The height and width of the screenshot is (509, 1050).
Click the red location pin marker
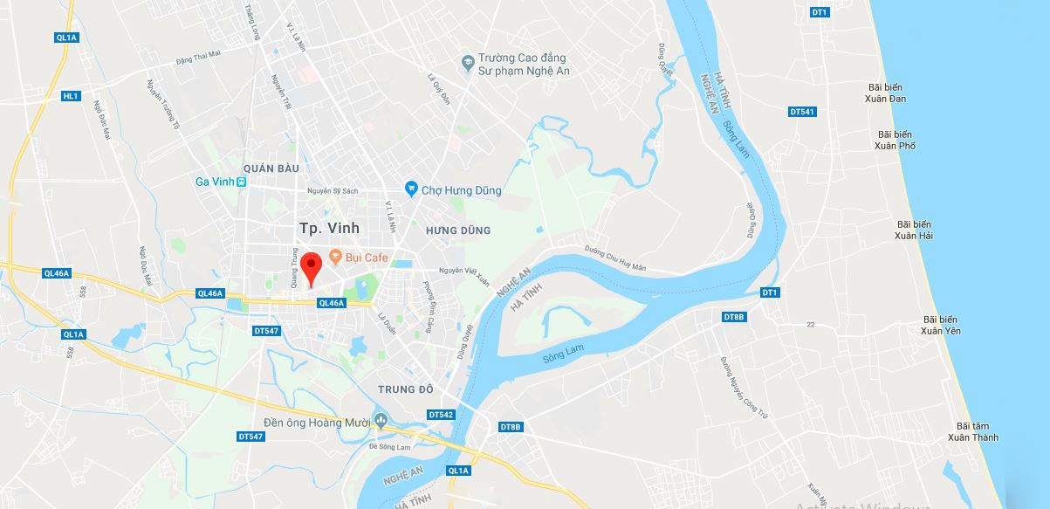[310, 265]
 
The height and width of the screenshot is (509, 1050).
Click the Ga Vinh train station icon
[242, 182]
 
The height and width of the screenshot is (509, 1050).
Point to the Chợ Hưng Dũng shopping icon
[411, 189]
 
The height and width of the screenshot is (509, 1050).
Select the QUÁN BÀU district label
[271, 168]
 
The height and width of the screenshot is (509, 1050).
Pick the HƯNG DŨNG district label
[458, 230]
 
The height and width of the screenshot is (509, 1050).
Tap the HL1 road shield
[71, 96]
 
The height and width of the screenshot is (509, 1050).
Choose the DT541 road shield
[801, 112]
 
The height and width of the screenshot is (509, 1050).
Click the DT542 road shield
[441, 414]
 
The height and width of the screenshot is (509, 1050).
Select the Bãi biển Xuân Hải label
[914, 230]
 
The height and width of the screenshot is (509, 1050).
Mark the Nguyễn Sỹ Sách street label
[333, 190]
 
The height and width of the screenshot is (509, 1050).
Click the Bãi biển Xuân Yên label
[942, 325]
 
